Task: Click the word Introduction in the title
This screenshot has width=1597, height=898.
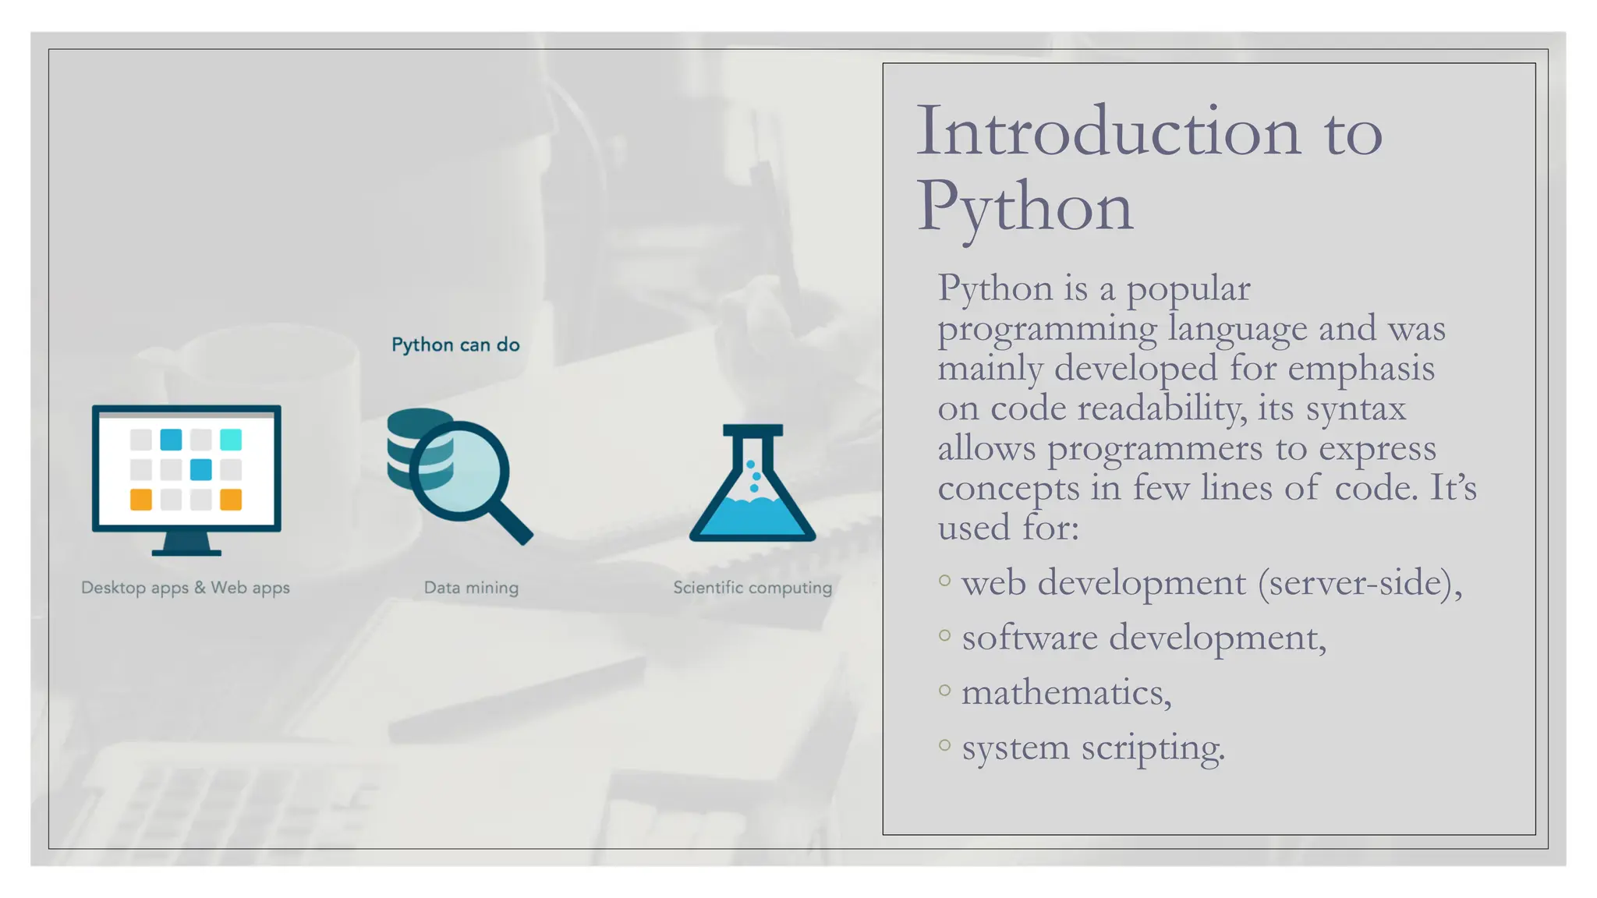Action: tap(1108, 131)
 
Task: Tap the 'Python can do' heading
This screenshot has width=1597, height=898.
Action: tap(455, 345)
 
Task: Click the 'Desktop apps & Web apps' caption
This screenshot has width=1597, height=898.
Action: tap(186, 588)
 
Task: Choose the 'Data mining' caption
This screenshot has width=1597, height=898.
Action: tap(471, 588)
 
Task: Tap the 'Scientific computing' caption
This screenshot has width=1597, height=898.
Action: tap(752, 588)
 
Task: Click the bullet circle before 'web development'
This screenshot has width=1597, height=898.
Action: tap(945, 580)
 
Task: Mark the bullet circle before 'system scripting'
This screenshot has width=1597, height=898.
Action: tap(945, 745)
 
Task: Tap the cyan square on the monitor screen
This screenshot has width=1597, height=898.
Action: tap(231, 440)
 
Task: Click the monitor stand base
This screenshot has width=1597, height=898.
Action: tap(186, 552)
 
